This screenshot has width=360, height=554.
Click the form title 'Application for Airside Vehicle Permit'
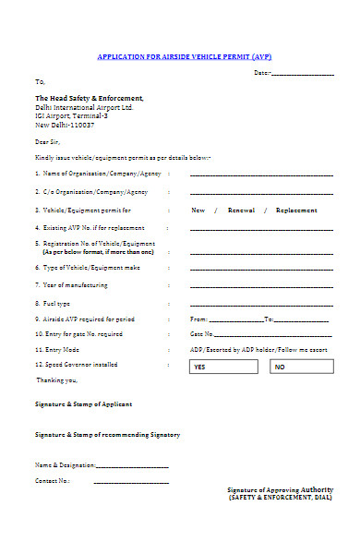(x=184, y=55)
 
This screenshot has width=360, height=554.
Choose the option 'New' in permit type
(x=198, y=211)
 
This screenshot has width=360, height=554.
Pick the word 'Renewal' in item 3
(x=241, y=211)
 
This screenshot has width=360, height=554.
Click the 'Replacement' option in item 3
(x=296, y=211)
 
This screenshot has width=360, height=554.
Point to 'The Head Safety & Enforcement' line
(x=90, y=98)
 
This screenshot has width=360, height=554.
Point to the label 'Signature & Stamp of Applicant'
(x=83, y=404)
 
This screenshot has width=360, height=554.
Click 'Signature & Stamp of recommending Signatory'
(x=107, y=434)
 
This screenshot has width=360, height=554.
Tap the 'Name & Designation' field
(x=131, y=464)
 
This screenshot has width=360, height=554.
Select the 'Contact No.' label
(x=53, y=481)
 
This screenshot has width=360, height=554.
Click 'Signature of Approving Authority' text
(x=281, y=488)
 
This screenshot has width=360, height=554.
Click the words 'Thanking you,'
(x=57, y=379)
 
